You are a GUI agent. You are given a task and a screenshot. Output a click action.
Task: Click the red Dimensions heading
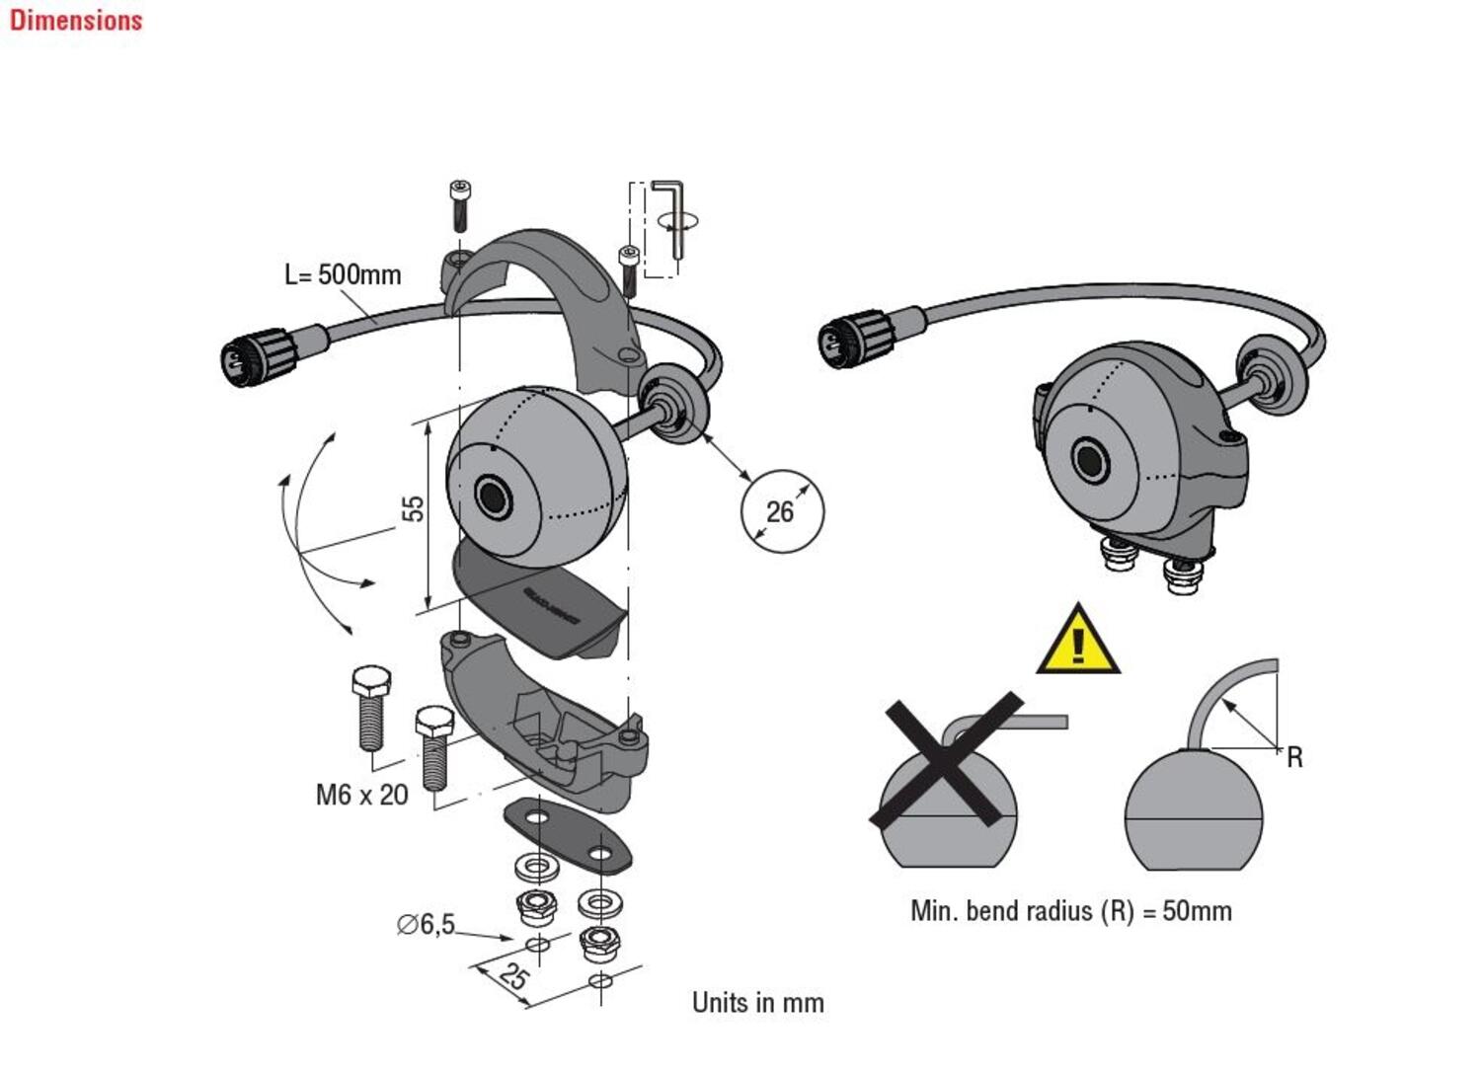coord(76,20)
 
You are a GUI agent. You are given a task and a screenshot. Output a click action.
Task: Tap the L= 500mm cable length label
coord(343,274)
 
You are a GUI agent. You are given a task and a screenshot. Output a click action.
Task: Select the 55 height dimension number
coord(413,508)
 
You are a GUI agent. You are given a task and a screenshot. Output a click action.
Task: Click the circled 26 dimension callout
coord(781,510)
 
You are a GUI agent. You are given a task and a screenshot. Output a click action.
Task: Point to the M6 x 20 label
coord(361,795)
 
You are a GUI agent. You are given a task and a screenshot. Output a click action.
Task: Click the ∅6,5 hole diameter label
coord(426,925)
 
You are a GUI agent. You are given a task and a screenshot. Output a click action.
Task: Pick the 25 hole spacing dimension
coord(512,976)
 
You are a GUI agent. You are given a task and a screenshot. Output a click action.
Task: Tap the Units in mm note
coord(757,1003)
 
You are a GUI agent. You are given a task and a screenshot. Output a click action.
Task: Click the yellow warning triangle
coord(1078,643)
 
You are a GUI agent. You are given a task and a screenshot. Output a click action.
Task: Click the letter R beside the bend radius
coord(1294,758)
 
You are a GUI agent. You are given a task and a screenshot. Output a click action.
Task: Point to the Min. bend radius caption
coord(1070,910)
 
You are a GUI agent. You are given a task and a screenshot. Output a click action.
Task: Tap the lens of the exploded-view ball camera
coord(491,497)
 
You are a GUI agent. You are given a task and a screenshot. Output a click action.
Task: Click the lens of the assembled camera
coord(1091,461)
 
